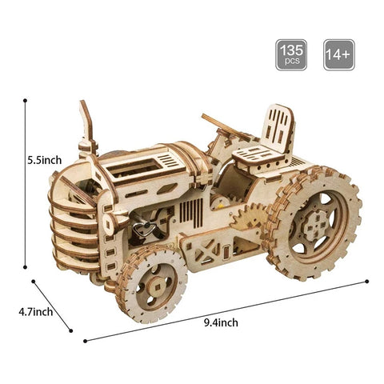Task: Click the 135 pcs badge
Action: click(x=291, y=54)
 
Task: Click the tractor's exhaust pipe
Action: click(x=85, y=128)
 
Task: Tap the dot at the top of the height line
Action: click(x=26, y=100)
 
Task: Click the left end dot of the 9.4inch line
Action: click(x=85, y=340)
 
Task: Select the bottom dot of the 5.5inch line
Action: click(x=26, y=267)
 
